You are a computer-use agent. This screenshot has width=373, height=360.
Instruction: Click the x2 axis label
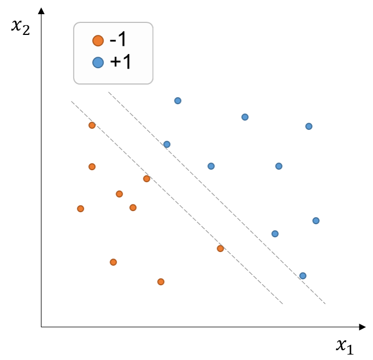coord(21,27)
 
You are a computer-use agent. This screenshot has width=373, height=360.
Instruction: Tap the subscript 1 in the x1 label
coord(350,349)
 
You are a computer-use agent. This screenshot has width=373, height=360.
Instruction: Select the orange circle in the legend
coord(98,40)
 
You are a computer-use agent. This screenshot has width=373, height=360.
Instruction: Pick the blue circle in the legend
coord(98,62)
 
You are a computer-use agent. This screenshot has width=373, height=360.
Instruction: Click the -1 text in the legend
coord(118,39)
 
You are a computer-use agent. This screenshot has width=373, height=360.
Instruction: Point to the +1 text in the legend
coord(121,62)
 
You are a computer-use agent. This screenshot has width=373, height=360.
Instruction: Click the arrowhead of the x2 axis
coord(41,11)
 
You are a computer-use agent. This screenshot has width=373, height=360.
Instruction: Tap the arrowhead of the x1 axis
coord(362,327)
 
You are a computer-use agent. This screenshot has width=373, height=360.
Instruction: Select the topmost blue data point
coord(178,101)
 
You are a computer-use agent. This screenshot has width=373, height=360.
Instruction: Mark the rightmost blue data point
coord(316,220)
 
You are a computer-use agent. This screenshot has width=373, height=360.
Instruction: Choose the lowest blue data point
coord(303,276)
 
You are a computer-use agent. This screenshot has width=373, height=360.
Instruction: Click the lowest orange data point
coord(161,281)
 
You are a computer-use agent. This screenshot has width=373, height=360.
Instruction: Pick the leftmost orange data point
coord(81,209)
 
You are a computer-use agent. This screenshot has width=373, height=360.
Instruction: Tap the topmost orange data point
coord(92,125)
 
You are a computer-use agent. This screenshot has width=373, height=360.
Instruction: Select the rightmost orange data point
coord(220,248)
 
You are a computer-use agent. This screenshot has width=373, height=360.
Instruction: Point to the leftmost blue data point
coord(167,144)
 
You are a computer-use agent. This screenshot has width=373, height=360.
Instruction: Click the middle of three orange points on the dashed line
coord(147,178)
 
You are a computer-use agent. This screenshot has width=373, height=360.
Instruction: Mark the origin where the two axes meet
coord(41,327)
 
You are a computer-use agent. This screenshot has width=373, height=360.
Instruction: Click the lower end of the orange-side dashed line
coord(283,304)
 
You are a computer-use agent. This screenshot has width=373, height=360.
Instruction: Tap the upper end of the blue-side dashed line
coord(109,92)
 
